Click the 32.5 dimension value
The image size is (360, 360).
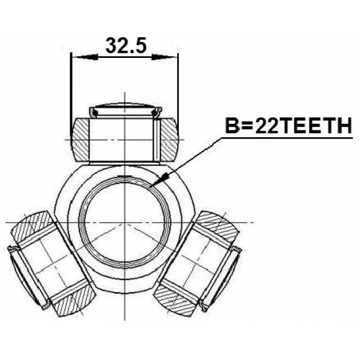[126, 45]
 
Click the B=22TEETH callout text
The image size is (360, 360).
[289, 125]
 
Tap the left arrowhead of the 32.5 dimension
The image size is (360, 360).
[85, 57]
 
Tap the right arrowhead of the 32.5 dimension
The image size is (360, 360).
[164, 57]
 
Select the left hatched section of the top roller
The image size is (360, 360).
[80, 139]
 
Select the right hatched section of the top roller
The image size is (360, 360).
[169, 139]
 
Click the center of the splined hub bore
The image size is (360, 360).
[125, 222]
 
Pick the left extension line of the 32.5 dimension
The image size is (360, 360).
[71, 94]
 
